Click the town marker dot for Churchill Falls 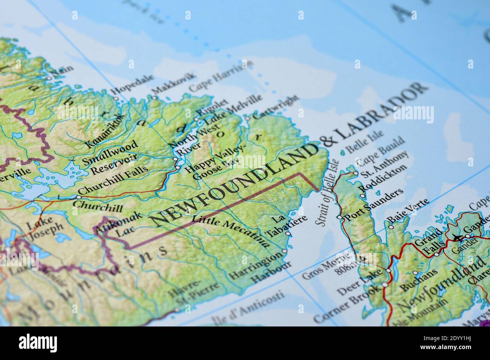[x=79, y=197]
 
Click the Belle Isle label [x=365, y=141]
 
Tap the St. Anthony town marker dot [x=355, y=174]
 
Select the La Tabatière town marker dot [x=288, y=234]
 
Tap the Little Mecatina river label [x=231, y=231]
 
